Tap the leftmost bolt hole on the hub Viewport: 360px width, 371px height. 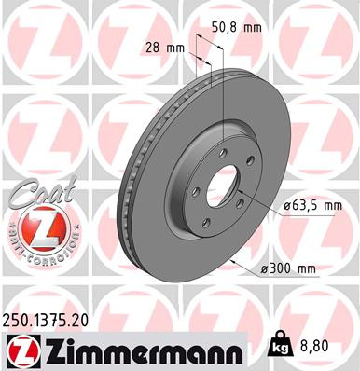click(x=195, y=194)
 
